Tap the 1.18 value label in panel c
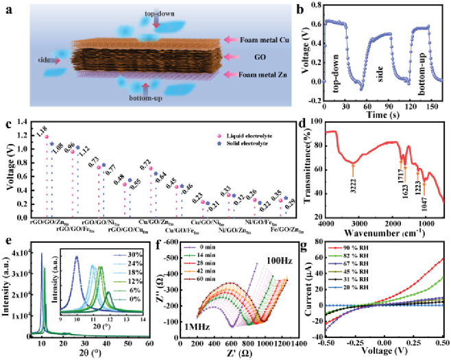click(40, 130)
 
